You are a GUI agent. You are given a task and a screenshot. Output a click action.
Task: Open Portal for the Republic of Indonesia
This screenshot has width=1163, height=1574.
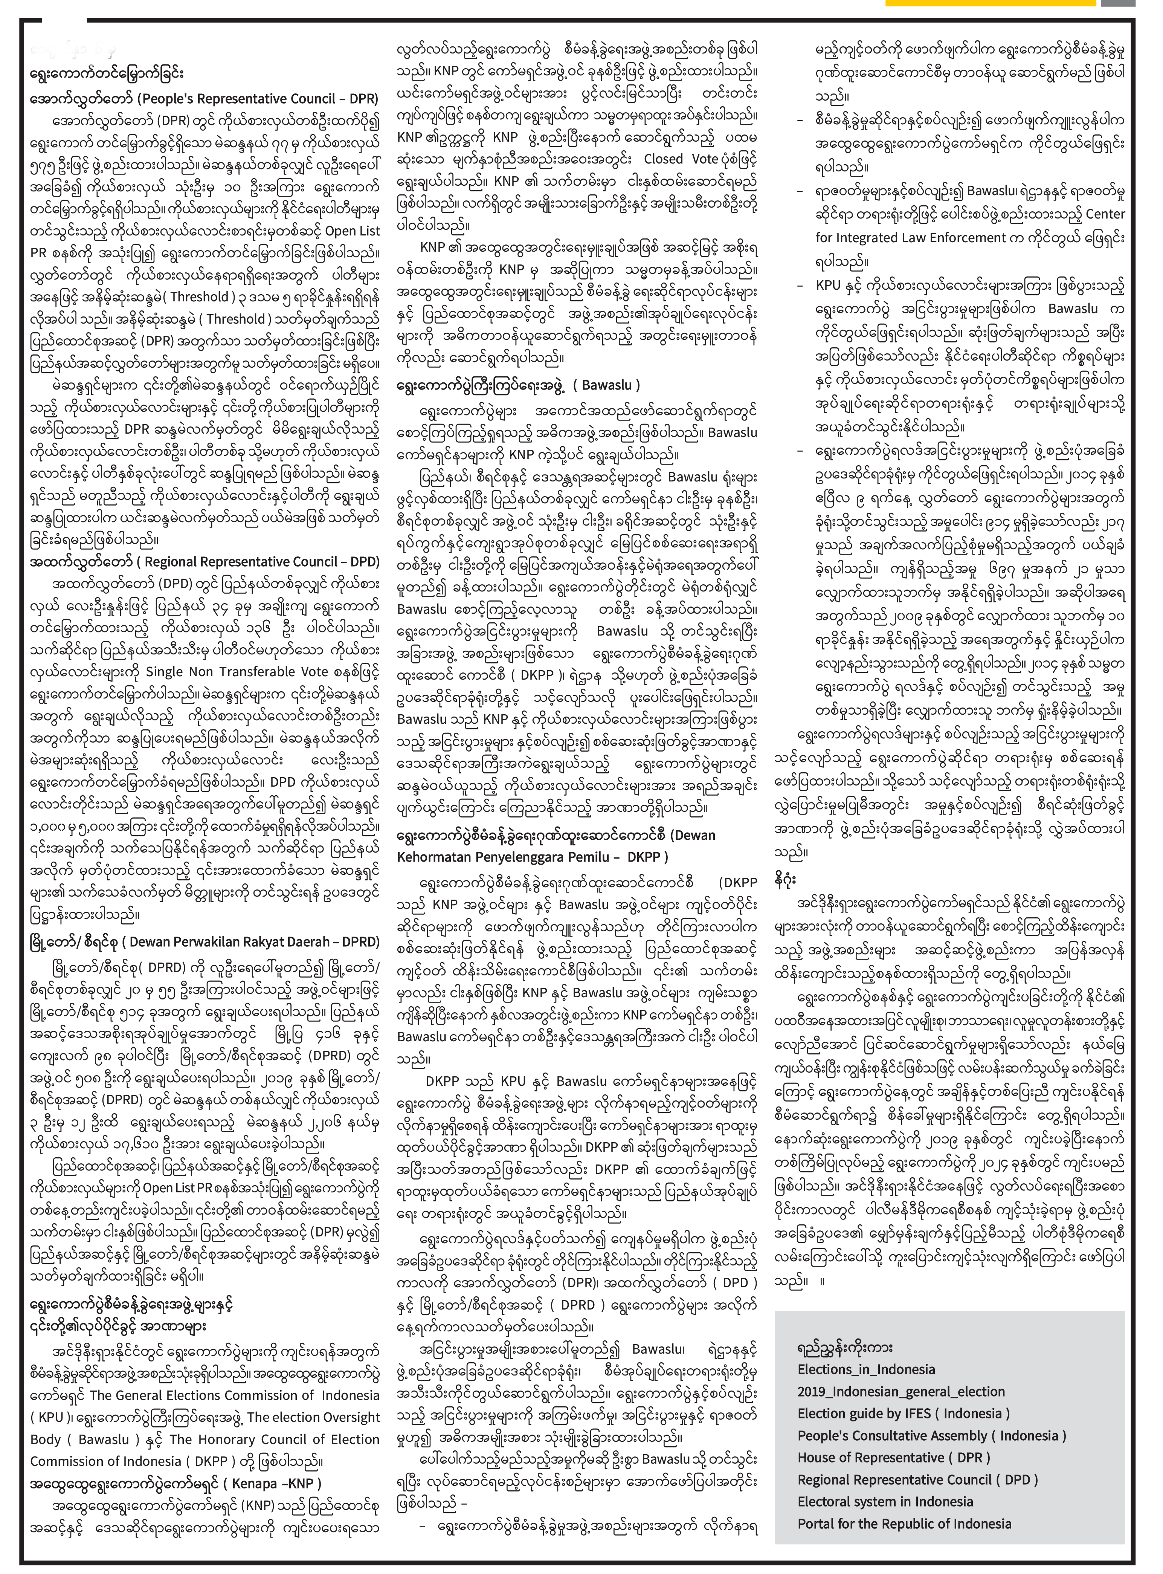pyautogui.click(x=904, y=1523)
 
